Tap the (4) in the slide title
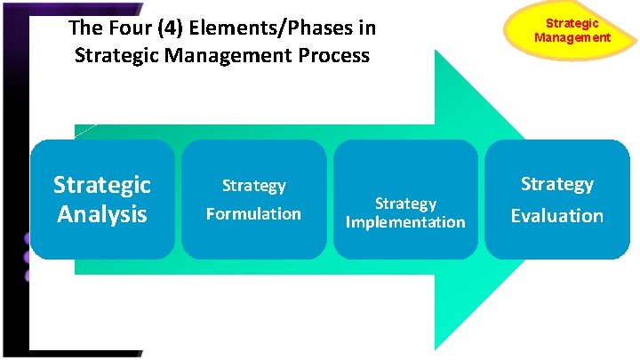point(166,28)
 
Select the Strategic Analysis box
point(102,199)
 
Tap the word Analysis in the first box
point(102,215)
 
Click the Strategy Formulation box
point(253,199)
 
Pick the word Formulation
point(253,213)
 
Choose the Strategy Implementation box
point(404,199)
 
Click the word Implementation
point(404,222)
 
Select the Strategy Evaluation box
point(556,199)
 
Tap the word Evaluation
point(556,215)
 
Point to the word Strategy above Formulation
point(253,186)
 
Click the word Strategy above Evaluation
point(556,184)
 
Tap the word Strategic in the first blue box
point(102,185)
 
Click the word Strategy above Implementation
point(404,204)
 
